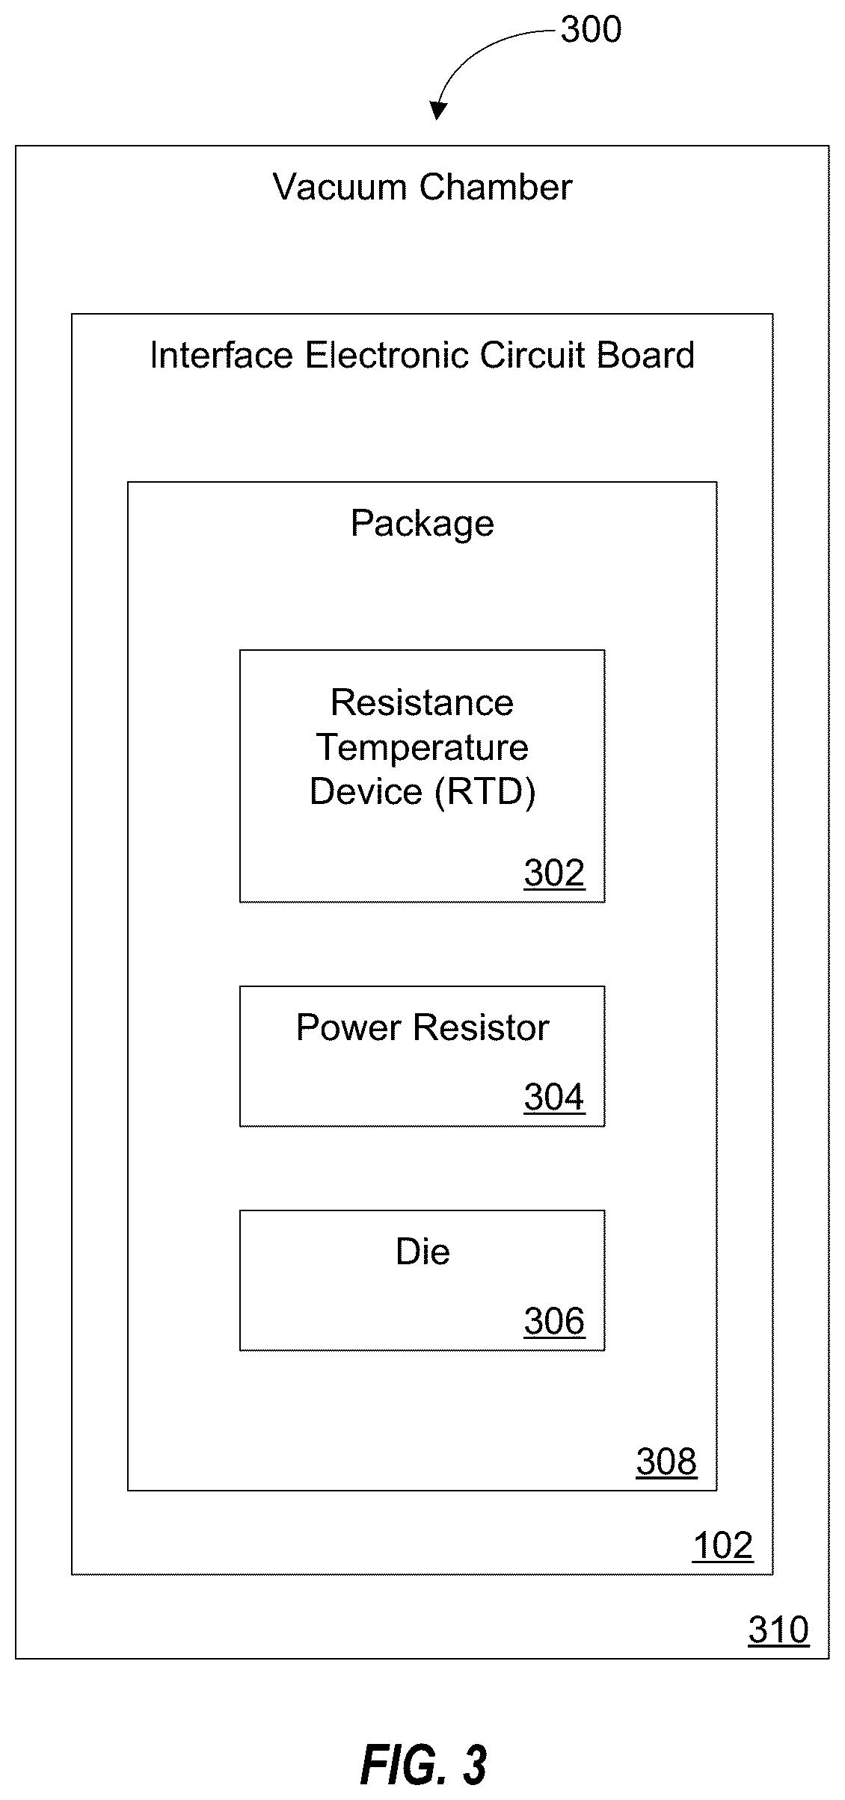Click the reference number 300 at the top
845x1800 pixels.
point(591,30)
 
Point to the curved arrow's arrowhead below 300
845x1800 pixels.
point(438,111)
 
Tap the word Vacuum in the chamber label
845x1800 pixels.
point(339,187)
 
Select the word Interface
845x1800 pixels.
point(221,355)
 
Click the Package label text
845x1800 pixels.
point(423,524)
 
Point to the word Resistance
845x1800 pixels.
point(423,702)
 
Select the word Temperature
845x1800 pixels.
point(423,747)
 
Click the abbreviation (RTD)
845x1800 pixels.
point(485,792)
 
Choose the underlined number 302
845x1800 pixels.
point(554,873)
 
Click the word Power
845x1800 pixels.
point(349,1027)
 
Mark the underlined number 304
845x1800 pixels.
point(554,1097)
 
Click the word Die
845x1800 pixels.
point(423,1252)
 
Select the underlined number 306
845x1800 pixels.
point(554,1321)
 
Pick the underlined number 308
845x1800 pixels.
point(666,1462)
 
